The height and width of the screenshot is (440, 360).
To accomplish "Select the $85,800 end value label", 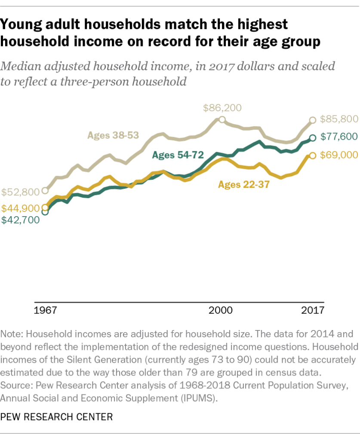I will click(338, 120).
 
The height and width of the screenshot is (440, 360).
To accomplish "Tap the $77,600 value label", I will click(338, 137).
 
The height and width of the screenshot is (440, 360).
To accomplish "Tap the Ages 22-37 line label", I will click(243, 185).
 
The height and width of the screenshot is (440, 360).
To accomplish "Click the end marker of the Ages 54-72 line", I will click(313, 138).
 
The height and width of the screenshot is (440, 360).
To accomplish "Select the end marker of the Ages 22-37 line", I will click(313, 156).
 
